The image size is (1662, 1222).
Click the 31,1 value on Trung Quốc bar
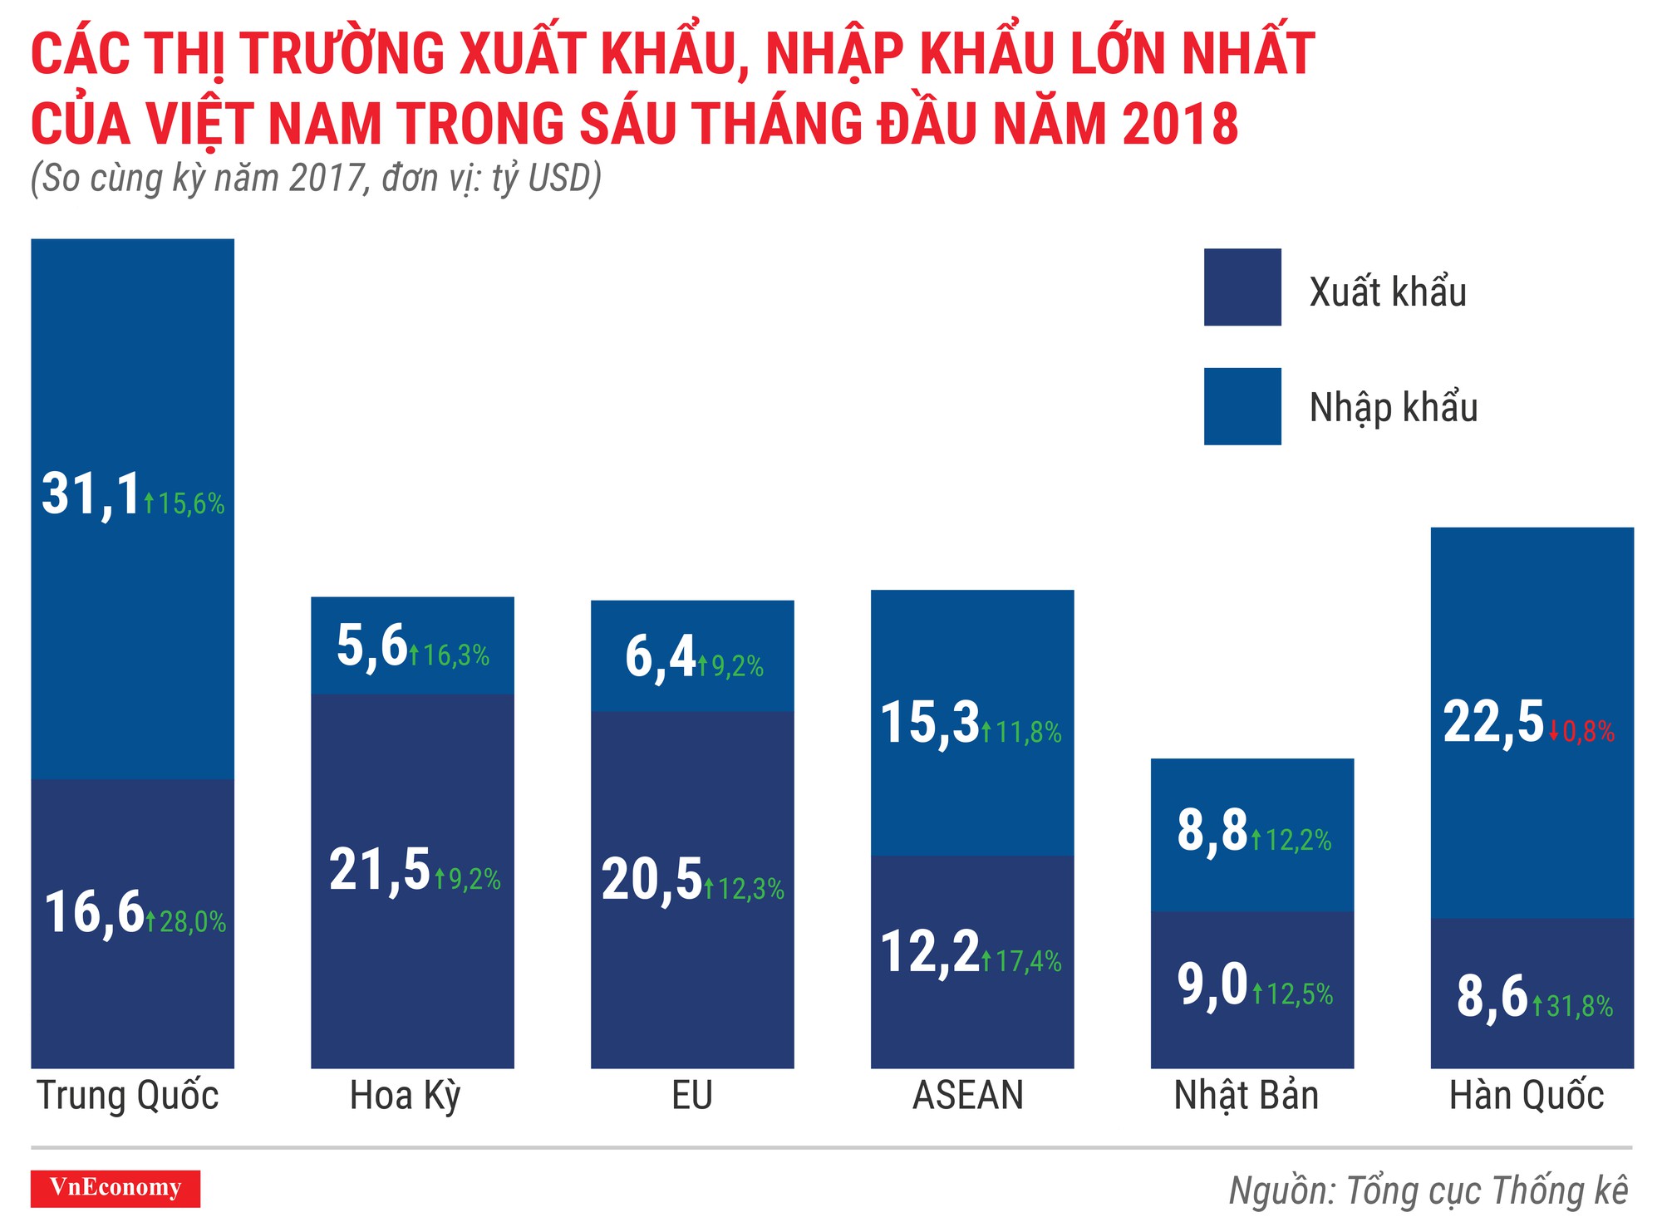click(91, 495)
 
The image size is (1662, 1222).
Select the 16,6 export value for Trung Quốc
click(94, 912)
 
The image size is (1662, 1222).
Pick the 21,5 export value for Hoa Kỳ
click(380, 871)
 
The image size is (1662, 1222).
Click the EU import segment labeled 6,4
click(660, 657)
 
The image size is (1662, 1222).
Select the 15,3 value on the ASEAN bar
click(930, 723)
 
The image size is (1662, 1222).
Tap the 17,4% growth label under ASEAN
click(1022, 962)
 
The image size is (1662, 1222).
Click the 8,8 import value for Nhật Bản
click(1212, 831)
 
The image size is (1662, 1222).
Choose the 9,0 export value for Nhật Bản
click(1212, 984)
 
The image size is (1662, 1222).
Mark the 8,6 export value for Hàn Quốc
click(1492, 997)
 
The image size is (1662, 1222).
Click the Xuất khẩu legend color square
click(1242, 287)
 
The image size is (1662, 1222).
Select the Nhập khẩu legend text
click(1393, 408)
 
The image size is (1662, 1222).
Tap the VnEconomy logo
click(116, 1188)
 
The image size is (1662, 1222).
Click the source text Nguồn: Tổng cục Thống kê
click(1428, 1190)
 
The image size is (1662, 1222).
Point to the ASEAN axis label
click(968, 1096)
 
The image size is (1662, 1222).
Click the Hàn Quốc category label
click(1526, 1096)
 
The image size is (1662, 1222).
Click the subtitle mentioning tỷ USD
click(316, 179)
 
